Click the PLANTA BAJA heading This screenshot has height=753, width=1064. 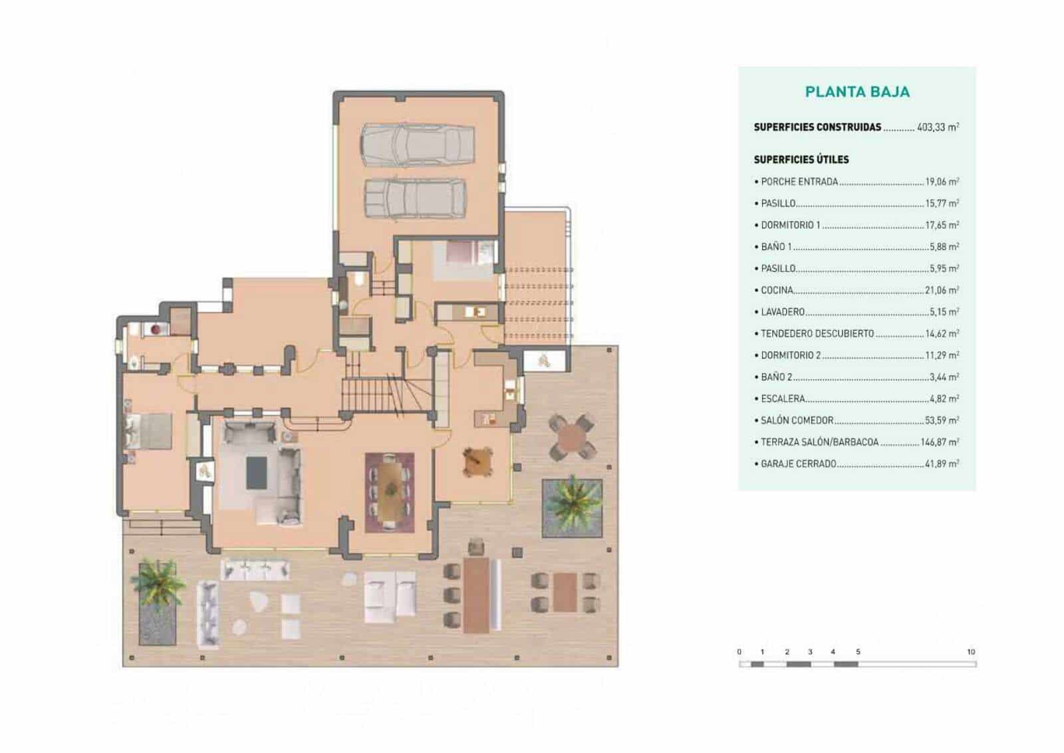pos(857,92)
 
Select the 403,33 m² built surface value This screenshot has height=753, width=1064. pos(938,127)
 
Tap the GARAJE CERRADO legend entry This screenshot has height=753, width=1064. pos(798,464)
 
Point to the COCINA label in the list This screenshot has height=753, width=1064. pos(777,290)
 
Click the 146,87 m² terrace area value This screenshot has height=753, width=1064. pos(940,442)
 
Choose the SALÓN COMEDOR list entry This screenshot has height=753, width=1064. pos(797,420)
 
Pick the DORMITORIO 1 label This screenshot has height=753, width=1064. pos(791,225)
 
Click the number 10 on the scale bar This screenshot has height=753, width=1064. pos(970,652)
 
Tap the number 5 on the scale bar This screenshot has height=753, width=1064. pos(858,652)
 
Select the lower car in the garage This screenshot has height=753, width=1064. pos(415,198)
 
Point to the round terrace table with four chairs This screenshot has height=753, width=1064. pos(571,437)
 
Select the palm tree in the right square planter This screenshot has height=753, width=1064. pos(572,501)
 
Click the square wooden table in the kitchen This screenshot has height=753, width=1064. pos(477,461)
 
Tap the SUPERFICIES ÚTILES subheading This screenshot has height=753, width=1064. pos(801,160)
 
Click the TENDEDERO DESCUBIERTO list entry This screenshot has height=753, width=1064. pos(817,333)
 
